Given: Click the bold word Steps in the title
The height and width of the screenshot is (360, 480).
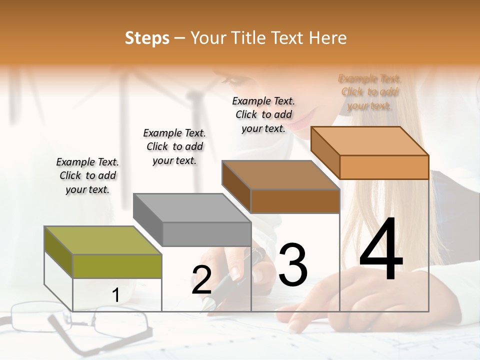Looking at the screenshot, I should pyautogui.click(x=147, y=38).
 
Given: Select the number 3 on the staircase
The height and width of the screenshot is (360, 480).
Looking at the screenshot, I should pyautogui.click(x=292, y=264).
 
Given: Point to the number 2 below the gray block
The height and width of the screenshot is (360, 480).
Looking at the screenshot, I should pyautogui.click(x=201, y=280).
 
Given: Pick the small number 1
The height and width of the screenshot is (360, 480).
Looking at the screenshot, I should pyautogui.click(x=115, y=295).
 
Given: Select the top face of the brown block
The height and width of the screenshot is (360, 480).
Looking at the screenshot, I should pyautogui.click(x=280, y=175).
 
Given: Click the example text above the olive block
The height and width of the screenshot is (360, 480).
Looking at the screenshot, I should pyautogui.click(x=87, y=175).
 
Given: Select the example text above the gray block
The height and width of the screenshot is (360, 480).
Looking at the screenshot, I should pyautogui.click(x=174, y=146).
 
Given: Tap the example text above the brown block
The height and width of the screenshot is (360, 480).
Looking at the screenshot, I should pyautogui.click(x=263, y=114).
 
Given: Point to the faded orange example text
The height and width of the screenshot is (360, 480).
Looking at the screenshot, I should pyautogui.click(x=370, y=92).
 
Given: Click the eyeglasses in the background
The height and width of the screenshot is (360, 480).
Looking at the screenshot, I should pyautogui.click(x=80, y=322).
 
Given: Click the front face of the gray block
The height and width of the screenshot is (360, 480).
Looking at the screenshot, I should pyautogui.click(x=206, y=234).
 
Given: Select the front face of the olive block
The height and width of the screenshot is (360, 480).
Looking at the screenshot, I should pyautogui.click(x=117, y=266).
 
